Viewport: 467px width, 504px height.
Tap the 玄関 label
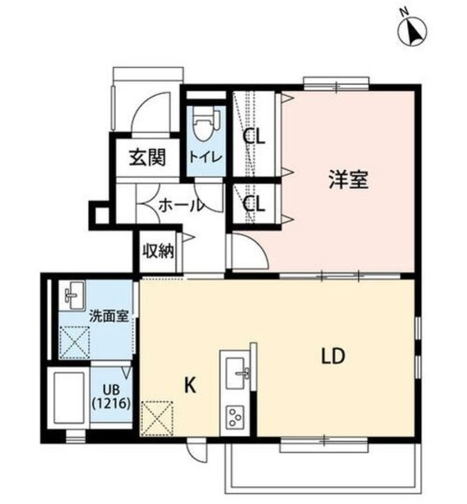[147, 158]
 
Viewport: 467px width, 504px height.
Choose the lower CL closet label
[253, 205]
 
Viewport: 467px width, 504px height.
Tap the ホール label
[181, 206]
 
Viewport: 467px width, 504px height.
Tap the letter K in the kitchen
[189, 385]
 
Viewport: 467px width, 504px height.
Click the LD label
[332, 356]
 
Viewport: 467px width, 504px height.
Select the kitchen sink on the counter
[237, 370]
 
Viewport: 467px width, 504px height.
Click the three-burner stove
[236, 415]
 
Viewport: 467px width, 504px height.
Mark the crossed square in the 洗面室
[77, 342]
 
